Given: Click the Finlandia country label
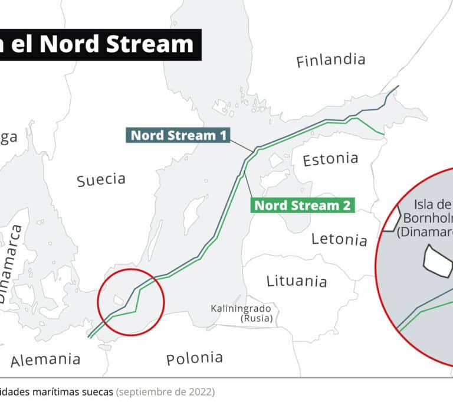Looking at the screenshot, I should click(330, 60).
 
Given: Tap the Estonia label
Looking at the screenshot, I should click(330, 159).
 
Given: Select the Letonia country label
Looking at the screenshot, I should click(339, 239).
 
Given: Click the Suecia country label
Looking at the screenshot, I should click(101, 179).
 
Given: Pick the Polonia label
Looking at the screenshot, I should click(194, 358).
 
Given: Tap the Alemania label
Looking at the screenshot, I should click(45, 360).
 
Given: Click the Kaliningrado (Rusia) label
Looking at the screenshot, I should click(241, 313).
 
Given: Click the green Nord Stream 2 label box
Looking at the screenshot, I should click(303, 205).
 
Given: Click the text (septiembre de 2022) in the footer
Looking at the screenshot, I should click(165, 392).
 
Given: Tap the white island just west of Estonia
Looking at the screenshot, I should click(275, 160).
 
